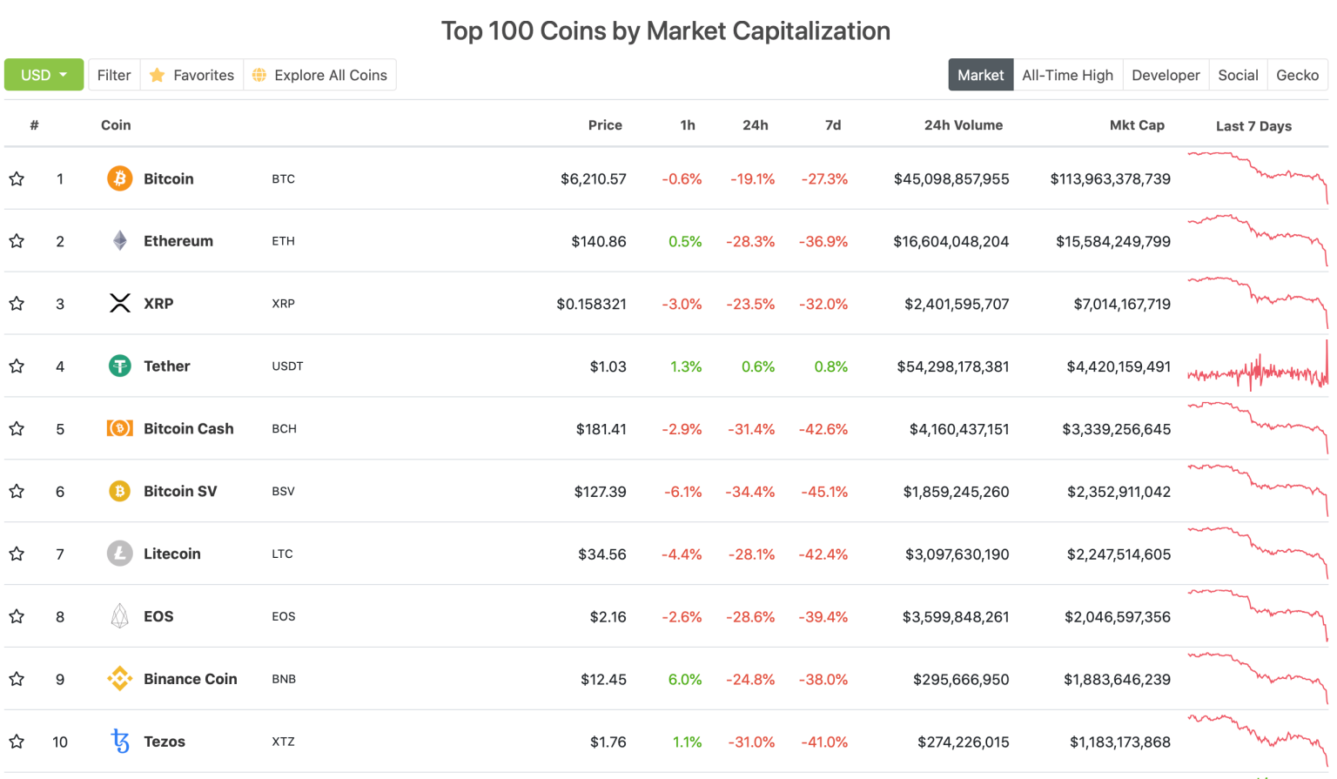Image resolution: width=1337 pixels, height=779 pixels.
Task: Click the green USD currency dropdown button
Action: point(44,75)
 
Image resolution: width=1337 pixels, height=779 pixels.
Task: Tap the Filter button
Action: point(114,75)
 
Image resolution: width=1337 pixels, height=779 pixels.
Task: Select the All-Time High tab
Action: point(1067,75)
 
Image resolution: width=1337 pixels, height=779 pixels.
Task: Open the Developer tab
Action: point(1166,75)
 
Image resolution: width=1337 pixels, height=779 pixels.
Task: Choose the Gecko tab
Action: point(1297,75)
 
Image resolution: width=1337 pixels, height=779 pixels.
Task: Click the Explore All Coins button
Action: point(320,75)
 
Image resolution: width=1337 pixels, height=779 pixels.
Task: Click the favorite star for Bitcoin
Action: point(17,179)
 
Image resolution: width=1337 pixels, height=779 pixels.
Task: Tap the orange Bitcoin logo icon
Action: point(119,178)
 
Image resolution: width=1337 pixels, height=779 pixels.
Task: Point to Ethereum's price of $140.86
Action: point(598,241)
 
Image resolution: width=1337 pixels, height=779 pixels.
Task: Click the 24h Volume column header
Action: point(963,125)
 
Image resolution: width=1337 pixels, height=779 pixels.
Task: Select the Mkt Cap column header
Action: point(1136,125)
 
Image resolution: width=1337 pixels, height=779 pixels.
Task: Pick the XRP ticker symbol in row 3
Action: point(283,304)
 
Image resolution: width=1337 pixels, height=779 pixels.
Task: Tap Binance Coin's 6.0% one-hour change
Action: point(684,680)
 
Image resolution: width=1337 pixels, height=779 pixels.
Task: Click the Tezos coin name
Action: point(165,742)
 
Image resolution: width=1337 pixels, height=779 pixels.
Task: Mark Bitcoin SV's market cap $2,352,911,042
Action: point(1119,492)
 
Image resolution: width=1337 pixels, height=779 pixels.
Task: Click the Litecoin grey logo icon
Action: point(119,554)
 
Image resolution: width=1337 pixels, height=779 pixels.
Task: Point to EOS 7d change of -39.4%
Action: point(823,617)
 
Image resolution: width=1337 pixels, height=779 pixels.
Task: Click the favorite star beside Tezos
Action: point(17,742)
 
